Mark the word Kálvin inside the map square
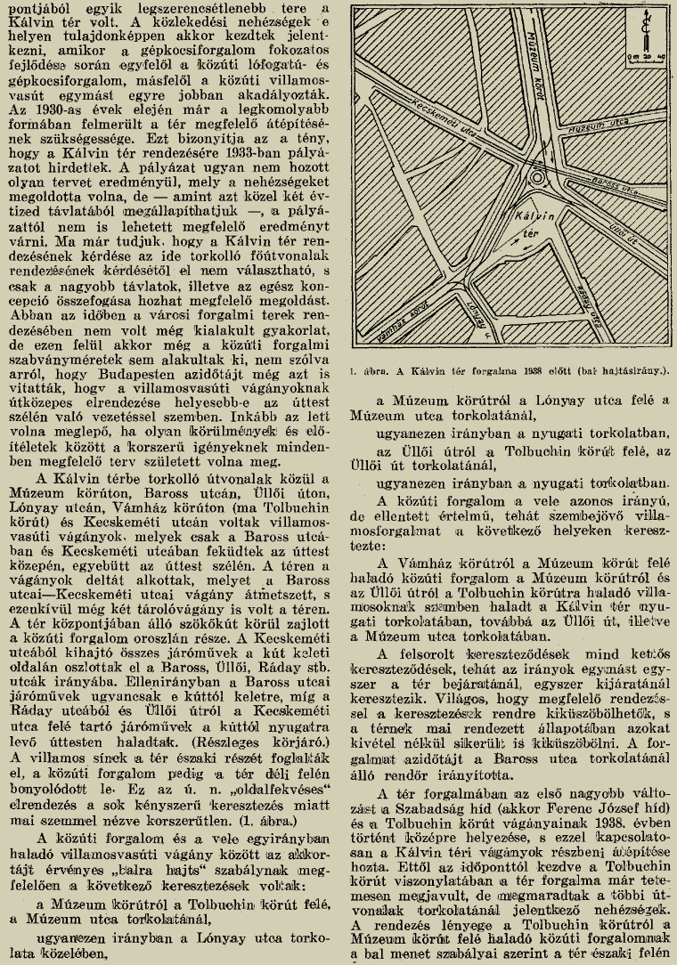tap(531, 217)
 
